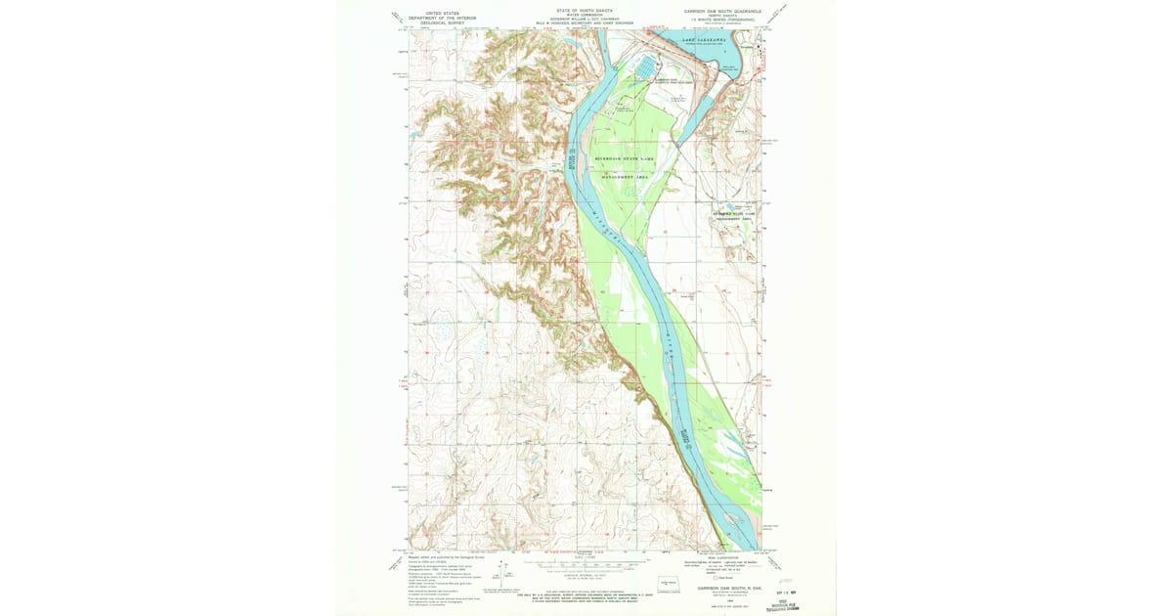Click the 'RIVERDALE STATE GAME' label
629,157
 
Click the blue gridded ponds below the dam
647,66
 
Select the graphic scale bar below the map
584,564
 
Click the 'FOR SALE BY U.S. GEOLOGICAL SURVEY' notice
584,590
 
